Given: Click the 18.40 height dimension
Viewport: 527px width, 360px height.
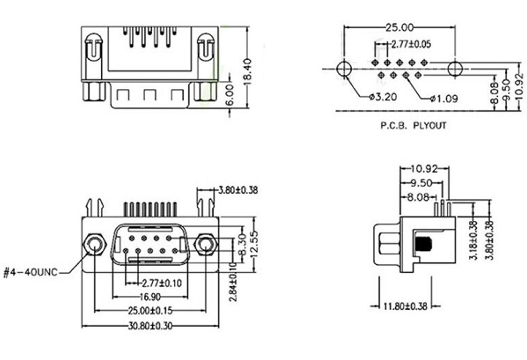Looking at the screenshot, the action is coord(247,71).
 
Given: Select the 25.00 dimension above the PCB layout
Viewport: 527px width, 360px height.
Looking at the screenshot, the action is coord(399,28).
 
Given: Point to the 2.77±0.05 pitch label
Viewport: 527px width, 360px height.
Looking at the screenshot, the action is coord(411,45).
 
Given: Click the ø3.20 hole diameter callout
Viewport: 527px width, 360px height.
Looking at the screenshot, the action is coord(383,97).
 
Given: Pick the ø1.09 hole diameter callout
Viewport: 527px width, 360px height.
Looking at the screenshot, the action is coord(444,99).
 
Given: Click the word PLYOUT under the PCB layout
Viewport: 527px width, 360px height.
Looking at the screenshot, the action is coord(429,126).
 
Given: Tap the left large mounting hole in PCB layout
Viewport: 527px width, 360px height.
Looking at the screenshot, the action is coord(344,69).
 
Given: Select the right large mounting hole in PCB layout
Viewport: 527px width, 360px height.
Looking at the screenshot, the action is coord(455,69).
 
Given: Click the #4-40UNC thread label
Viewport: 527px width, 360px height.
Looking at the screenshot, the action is coord(30,273).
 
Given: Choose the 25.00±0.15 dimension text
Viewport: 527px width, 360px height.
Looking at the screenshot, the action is coord(150,311).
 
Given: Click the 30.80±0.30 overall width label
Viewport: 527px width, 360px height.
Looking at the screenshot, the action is coord(150,326).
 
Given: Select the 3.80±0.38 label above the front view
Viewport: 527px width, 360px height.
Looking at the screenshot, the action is coord(238,190).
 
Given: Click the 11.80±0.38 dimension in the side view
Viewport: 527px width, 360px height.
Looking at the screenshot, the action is coord(405,306).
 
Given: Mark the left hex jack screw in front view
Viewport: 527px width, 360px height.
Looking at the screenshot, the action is coord(95,245).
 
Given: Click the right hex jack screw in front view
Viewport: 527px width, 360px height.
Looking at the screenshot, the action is coord(206,245).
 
